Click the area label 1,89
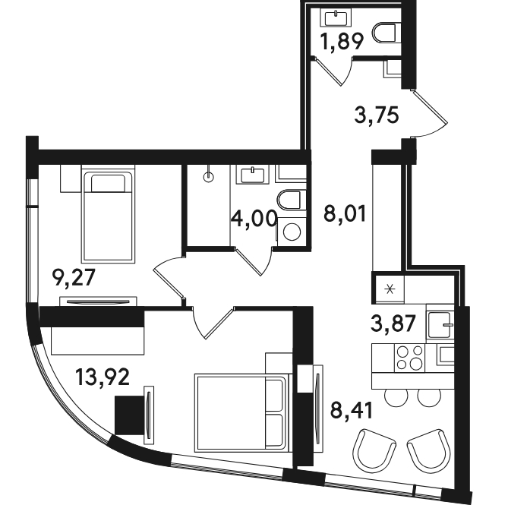click(342, 42)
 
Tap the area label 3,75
click(377, 115)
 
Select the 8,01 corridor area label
click(345, 213)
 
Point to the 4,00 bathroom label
click(254, 219)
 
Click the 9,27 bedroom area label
click(74, 278)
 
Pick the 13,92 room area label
click(103, 377)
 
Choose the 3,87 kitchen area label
click(393, 324)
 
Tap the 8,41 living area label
click(352, 410)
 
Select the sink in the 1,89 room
click(336, 17)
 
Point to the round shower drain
click(209, 177)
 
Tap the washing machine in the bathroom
click(292, 232)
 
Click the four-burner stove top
click(409, 358)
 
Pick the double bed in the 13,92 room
click(241, 412)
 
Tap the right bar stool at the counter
click(429, 397)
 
